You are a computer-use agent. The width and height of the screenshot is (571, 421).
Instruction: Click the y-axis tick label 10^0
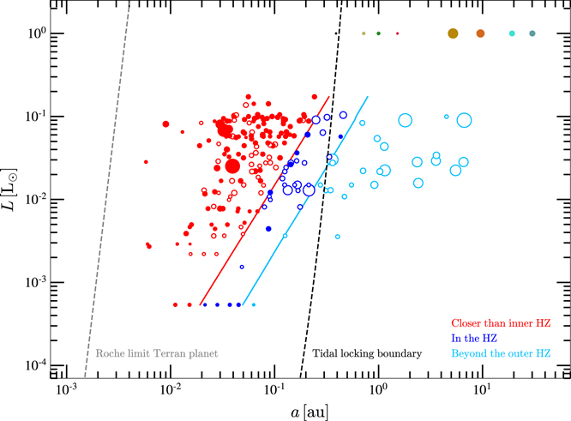click(33, 33)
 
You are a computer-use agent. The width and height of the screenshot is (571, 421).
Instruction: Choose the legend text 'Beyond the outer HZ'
click(502, 353)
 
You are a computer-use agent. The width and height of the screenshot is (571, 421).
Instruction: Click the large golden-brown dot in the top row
click(453, 33)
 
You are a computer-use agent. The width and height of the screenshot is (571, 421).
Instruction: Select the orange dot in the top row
click(481, 33)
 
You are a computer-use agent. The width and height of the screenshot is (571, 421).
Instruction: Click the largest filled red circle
click(231, 166)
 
